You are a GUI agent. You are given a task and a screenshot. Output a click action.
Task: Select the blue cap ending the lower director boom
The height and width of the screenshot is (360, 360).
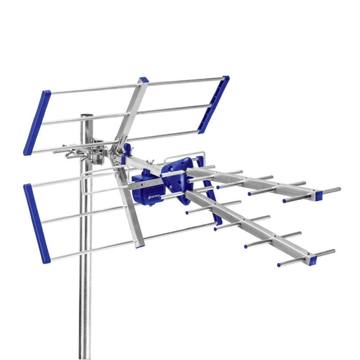[x=312, y=259]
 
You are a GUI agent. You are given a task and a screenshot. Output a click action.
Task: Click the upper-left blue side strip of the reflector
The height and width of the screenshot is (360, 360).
[x=37, y=122]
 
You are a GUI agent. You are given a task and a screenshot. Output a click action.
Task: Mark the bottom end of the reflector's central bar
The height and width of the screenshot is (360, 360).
[x=140, y=245]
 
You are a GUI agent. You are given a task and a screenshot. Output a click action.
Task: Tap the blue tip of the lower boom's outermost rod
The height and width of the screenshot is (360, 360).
[x=279, y=265]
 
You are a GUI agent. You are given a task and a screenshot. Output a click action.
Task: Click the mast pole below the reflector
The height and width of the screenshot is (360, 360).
[x=85, y=306]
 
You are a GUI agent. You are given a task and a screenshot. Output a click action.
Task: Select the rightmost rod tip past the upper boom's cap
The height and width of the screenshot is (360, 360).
[x=338, y=188]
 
